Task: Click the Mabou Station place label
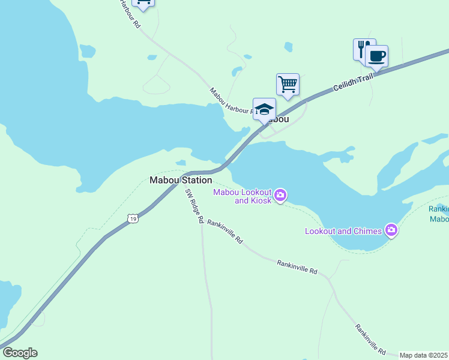click(x=181, y=180)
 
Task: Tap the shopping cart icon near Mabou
click(x=288, y=84)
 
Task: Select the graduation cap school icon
click(x=264, y=109)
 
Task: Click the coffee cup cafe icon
click(x=376, y=56)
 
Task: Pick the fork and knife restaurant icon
click(x=363, y=49)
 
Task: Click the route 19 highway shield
click(x=133, y=220)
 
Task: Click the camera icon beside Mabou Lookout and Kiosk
click(x=280, y=195)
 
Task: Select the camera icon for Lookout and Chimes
click(x=391, y=230)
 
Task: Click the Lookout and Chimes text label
click(x=343, y=231)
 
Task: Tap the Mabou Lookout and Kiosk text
click(x=243, y=196)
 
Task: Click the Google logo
click(x=20, y=353)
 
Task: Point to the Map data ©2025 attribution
click(x=423, y=355)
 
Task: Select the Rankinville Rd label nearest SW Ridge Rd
click(x=224, y=232)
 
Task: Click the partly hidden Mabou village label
click(x=279, y=119)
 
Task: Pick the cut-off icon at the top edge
click(x=143, y=4)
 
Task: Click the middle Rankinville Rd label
click(x=297, y=267)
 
